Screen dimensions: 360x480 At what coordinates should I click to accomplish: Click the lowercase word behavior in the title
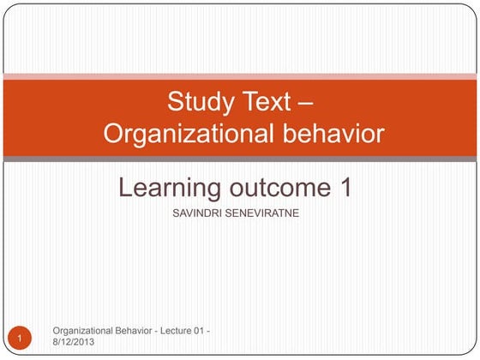(x=329, y=134)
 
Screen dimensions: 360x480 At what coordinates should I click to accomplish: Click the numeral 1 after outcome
(x=345, y=188)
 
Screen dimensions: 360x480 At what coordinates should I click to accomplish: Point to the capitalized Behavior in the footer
(x=137, y=330)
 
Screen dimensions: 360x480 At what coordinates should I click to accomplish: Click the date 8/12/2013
(x=74, y=342)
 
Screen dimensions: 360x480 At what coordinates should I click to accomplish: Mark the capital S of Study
(x=174, y=102)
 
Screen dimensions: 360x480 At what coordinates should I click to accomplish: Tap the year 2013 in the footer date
(x=83, y=342)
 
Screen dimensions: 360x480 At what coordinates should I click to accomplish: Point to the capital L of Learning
(x=125, y=188)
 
